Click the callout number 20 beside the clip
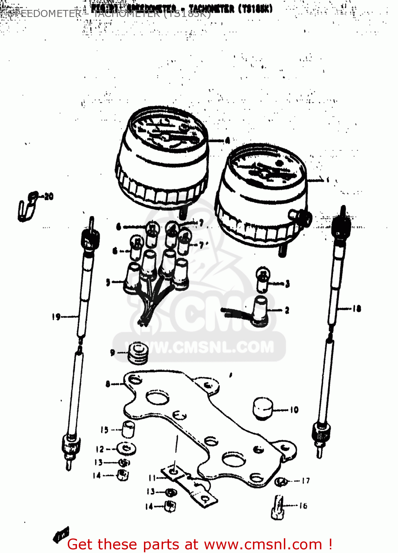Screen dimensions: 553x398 coord(49,196)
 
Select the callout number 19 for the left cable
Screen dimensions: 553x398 coord(56,316)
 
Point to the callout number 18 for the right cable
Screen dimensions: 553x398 coord(357,309)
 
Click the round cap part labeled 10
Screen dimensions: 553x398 coord(263,408)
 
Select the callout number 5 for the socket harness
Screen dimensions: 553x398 coord(108,282)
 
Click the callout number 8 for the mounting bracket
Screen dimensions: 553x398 coord(108,384)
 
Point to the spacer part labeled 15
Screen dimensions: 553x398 coord(128,429)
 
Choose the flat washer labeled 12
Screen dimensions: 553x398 coord(126,449)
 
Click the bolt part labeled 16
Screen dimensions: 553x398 coord(278,508)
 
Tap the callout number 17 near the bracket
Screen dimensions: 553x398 coord(306,481)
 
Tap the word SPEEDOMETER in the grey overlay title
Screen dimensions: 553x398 coord(45,14)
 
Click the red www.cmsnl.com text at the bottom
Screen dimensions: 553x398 coord(263,544)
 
